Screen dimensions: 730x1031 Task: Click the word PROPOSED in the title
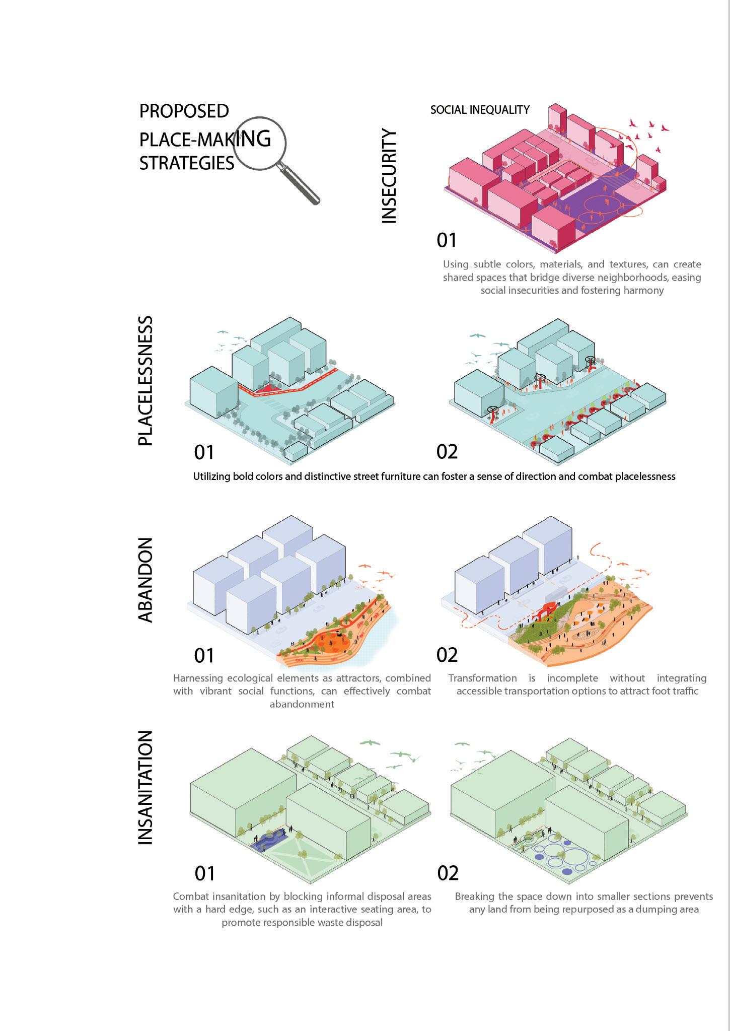click(184, 111)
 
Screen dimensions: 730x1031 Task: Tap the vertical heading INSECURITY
click(389, 176)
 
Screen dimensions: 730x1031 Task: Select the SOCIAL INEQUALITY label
click(480, 110)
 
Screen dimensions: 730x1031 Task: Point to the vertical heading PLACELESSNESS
click(145, 381)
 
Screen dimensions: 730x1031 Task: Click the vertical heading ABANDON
click(145, 580)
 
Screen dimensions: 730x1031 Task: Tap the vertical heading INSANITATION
click(145, 788)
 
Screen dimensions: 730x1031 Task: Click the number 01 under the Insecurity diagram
click(447, 240)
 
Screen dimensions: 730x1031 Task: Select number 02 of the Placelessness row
click(447, 452)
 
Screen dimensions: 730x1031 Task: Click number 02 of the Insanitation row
click(448, 873)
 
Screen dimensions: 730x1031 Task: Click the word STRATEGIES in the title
click(187, 164)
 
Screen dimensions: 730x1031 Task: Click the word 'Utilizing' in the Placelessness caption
click(211, 476)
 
